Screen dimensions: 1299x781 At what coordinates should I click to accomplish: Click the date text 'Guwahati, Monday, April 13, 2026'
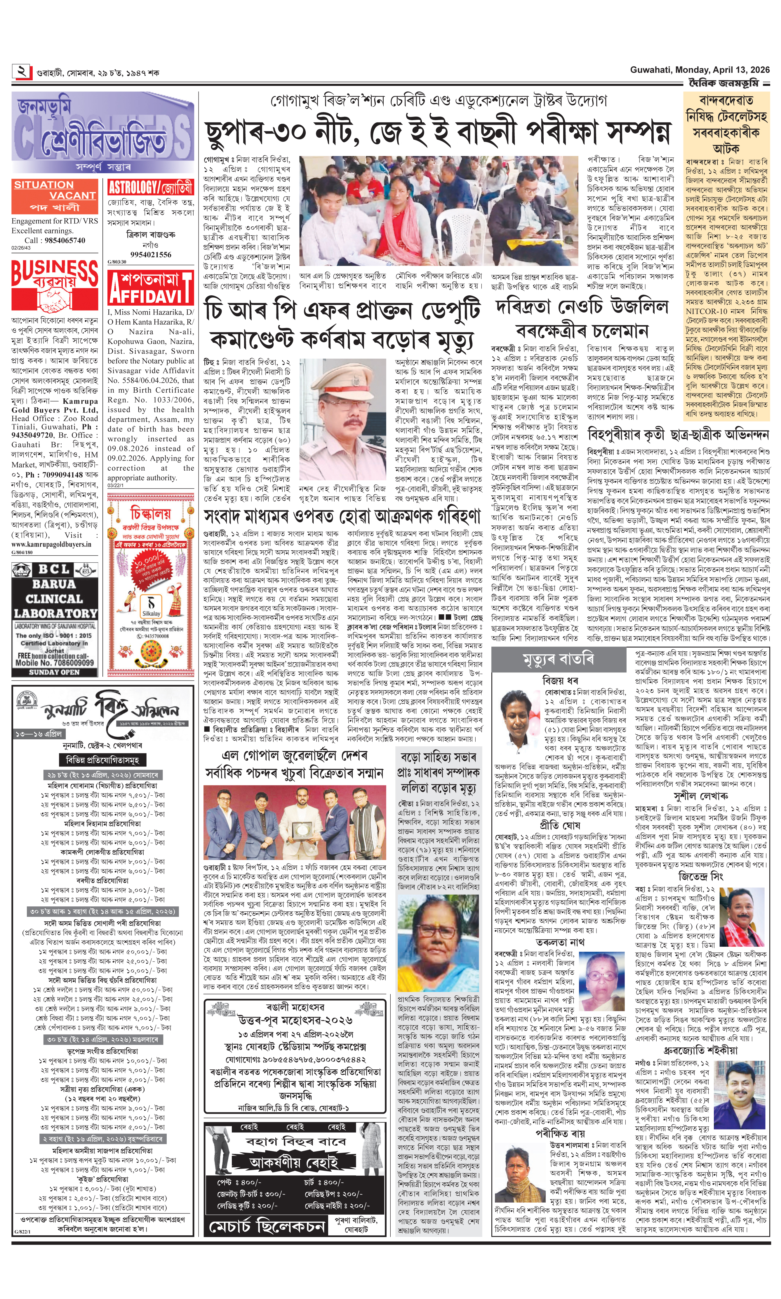700,70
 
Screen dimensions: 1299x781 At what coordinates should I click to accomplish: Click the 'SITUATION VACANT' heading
55,190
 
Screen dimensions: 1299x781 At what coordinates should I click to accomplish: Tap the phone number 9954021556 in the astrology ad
151,255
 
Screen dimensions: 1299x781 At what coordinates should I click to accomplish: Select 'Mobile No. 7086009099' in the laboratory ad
55,663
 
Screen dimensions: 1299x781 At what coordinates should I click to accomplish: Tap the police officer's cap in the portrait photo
348,374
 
